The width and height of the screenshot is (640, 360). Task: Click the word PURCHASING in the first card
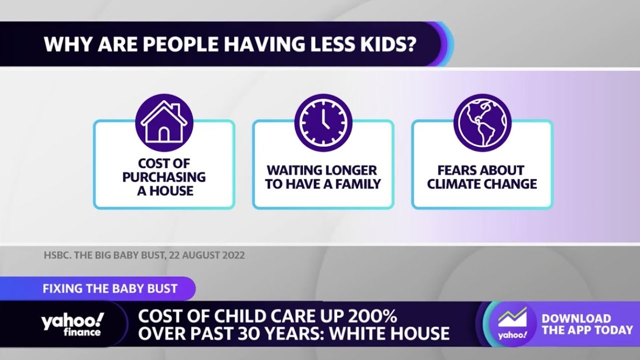164,177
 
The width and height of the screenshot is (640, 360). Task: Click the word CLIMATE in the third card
456,184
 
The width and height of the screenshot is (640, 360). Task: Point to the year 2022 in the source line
232,255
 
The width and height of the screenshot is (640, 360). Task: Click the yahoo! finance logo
73,324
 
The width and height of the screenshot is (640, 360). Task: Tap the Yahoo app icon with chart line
512,323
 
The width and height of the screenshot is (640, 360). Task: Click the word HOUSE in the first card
172,190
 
